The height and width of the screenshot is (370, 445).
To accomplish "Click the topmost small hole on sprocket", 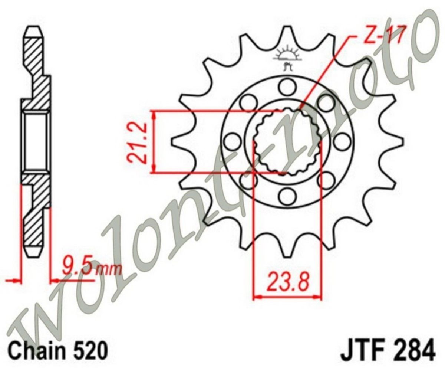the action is [287, 87].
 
